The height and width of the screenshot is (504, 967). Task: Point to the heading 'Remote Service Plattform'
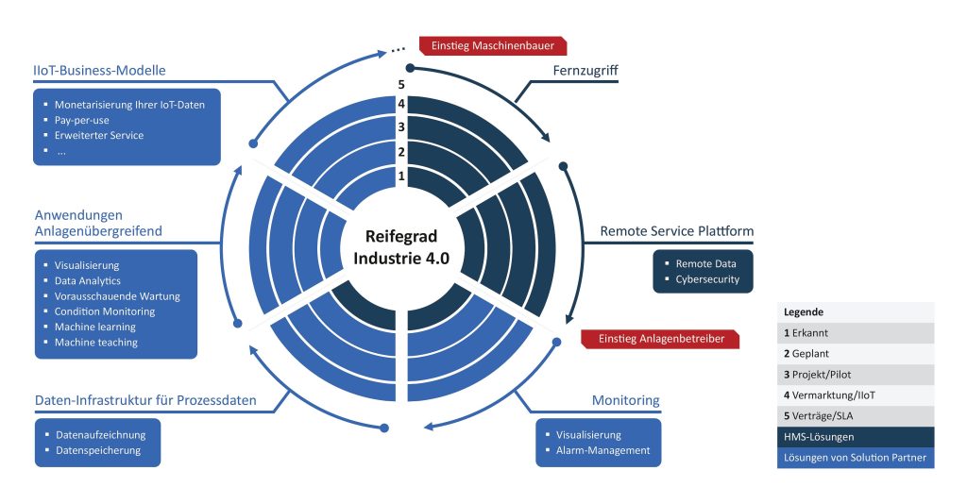tap(677, 231)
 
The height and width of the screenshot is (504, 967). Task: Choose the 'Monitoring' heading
tap(625, 401)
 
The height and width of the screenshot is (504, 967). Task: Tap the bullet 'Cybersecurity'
tap(707, 279)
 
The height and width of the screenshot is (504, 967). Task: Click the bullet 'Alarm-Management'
tap(603, 450)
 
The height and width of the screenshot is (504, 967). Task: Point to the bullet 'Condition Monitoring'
tap(105, 311)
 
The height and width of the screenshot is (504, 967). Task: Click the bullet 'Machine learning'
tap(95, 327)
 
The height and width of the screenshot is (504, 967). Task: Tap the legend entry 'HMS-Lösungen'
tap(819, 437)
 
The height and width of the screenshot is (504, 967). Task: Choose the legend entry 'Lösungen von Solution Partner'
tap(855, 458)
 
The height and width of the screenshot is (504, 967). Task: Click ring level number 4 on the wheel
tap(400, 104)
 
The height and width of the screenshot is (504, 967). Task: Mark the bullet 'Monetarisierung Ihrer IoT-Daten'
tap(129, 105)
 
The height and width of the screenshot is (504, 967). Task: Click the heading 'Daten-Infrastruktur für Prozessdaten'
tap(144, 401)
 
